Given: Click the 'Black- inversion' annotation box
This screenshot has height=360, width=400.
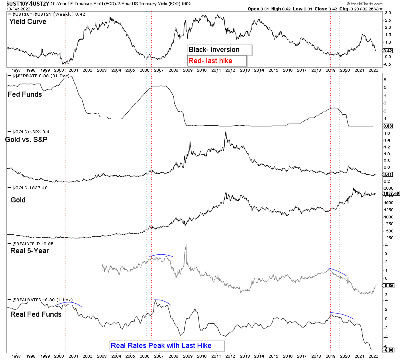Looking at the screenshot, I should pyautogui.click(x=220, y=50).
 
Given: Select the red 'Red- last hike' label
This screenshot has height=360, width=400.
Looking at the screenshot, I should pyautogui.click(x=217, y=61).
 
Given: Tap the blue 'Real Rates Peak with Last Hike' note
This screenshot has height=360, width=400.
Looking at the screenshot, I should pyautogui.click(x=166, y=345).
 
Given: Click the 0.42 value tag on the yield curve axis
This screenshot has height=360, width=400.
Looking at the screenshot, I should pyautogui.click(x=388, y=51).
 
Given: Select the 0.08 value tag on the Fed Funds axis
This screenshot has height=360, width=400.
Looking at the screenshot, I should pyautogui.click(x=388, y=126).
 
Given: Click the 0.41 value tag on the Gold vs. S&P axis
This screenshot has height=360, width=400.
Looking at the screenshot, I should pyautogui.click(x=388, y=174).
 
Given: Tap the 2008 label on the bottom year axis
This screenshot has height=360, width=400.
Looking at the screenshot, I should pyautogui.click(x=173, y=356).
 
